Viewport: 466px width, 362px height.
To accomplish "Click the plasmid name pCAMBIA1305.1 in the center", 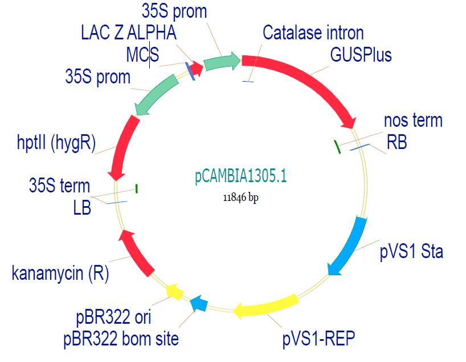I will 240,177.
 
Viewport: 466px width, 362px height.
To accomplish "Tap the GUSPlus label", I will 361,55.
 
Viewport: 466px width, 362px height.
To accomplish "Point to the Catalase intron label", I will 313,33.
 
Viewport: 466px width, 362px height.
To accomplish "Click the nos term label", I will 413,120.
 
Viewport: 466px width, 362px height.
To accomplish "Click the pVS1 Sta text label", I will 411,251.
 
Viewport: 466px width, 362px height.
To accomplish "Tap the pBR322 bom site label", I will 121,339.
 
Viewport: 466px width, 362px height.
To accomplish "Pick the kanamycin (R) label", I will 60,273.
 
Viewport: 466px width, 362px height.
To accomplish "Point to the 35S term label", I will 59,186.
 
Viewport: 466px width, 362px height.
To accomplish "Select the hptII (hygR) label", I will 56,141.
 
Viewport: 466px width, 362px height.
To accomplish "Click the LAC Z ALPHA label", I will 129,33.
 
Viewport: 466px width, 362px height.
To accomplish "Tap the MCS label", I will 142,55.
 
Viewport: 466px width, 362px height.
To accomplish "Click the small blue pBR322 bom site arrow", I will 199,304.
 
